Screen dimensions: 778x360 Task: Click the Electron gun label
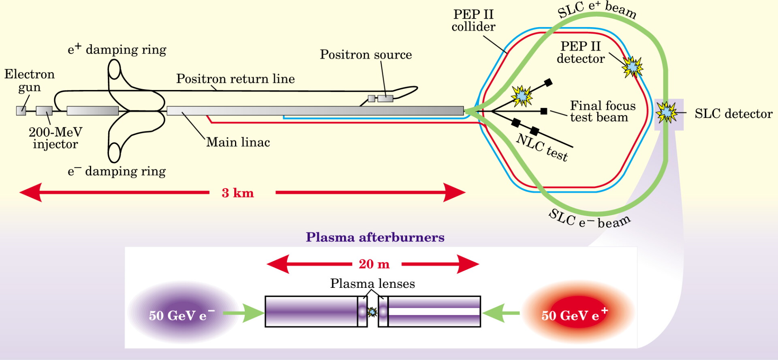30,81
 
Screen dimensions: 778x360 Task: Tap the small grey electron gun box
21,111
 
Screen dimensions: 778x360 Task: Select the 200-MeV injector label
56,138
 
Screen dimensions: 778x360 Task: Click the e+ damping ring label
117,49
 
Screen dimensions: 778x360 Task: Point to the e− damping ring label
117,171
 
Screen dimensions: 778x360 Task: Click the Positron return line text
235,79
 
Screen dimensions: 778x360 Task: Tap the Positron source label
366,54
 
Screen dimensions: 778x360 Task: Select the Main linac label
238,142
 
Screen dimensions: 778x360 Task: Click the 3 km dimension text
238,193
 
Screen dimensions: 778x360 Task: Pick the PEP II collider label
473,20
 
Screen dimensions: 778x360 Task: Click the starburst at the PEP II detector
633,67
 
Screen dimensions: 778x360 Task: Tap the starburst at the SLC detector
667,112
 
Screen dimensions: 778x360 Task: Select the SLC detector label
733,114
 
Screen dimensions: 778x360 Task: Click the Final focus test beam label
603,111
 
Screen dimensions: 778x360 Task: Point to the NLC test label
542,148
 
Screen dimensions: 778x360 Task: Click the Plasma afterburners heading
375,237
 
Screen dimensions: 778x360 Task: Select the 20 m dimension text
374,264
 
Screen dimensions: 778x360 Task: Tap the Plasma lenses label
372,283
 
